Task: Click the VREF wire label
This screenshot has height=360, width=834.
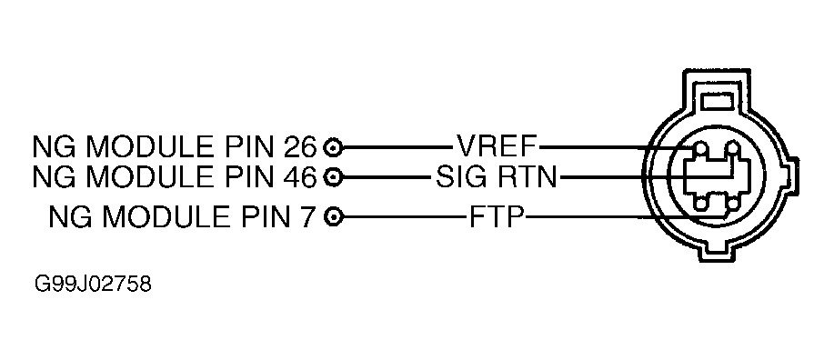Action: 497,145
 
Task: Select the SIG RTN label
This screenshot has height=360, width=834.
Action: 496,176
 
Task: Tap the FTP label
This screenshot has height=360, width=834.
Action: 497,216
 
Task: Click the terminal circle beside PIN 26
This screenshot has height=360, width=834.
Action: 334,146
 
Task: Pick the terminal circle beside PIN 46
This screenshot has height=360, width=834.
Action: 334,176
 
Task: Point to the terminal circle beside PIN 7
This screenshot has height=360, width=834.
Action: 334,216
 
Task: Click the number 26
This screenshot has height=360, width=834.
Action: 300,146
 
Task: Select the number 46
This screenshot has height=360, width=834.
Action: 300,176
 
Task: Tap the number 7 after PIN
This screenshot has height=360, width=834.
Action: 309,216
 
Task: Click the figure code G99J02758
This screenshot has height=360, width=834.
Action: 94,284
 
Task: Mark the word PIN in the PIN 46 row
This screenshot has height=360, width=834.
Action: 246,176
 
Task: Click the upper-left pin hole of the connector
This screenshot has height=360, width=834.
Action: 700,148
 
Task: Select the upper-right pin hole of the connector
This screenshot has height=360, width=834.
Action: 733,147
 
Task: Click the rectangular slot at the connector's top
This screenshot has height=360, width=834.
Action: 718,101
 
